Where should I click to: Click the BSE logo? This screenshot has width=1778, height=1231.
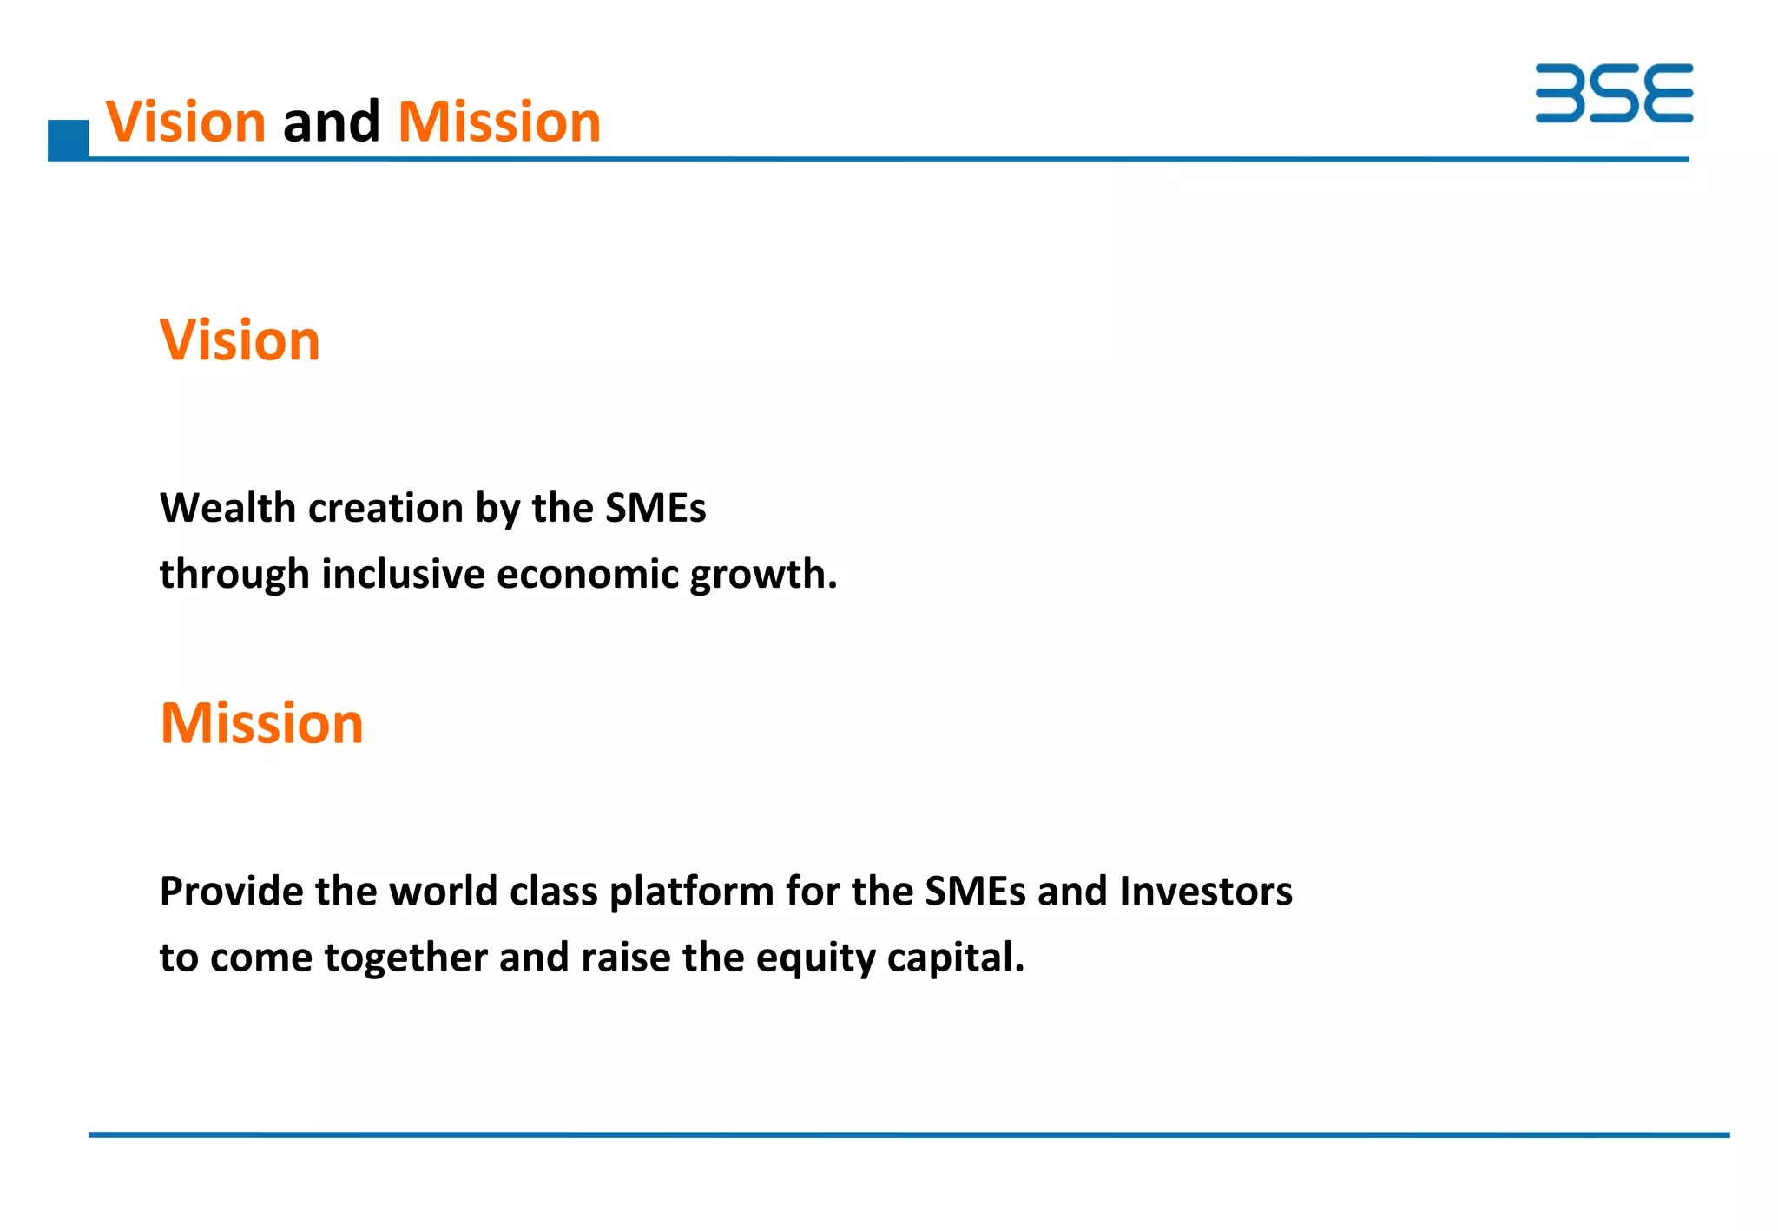(x=1613, y=93)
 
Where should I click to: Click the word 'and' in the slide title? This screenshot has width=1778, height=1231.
(x=332, y=122)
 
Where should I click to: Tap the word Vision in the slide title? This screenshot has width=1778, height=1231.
(x=186, y=122)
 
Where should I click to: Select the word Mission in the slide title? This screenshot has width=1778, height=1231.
(x=499, y=122)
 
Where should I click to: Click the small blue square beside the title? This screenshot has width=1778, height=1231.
(x=68, y=141)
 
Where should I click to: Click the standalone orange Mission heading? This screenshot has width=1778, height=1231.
(x=262, y=723)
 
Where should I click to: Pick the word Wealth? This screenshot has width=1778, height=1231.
(x=227, y=508)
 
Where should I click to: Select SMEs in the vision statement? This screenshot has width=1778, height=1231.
(x=655, y=508)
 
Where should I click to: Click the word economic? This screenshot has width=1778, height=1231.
(x=588, y=575)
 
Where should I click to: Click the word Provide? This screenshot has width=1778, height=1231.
(x=231, y=892)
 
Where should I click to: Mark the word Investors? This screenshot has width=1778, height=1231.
(x=1206, y=892)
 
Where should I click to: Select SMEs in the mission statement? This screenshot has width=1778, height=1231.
(x=975, y=892)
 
